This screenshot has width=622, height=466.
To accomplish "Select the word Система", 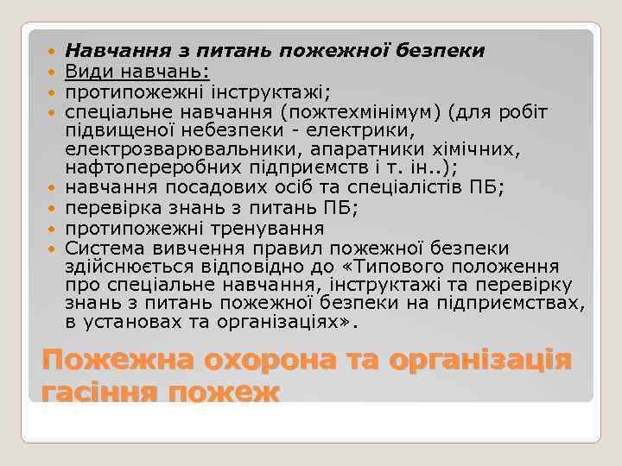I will pyautogui.click(x=100, y=248).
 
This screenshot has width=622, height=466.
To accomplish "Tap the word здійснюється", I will pyautogui.click(x=129, y=267).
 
